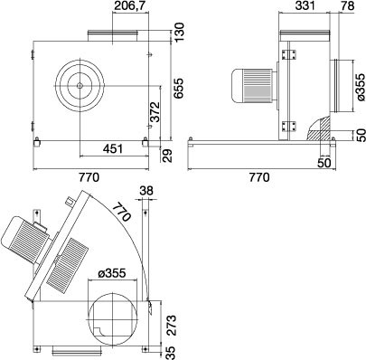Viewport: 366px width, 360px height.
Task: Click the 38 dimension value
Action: click(147, 191)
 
